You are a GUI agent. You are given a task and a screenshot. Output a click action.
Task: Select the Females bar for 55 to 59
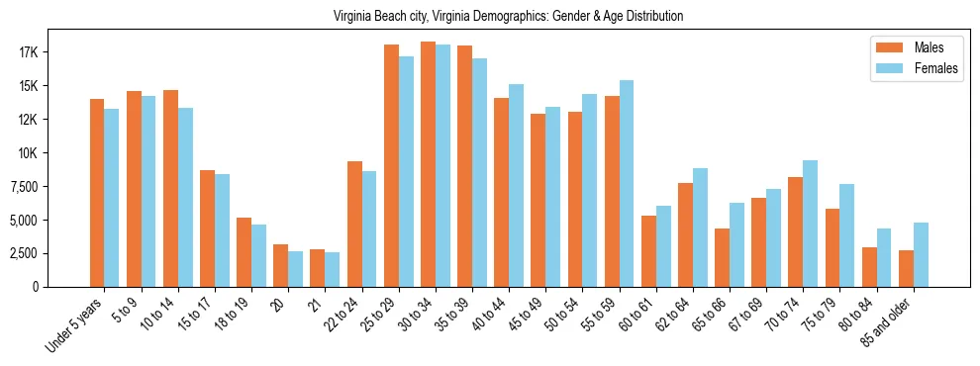[x=626, y=183]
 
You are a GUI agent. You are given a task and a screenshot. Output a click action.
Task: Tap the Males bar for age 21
[x=318, y=268]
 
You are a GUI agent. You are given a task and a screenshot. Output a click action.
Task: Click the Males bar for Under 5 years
[x=97, y=193]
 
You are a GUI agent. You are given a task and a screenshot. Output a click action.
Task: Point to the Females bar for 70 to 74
[x=810, y=224]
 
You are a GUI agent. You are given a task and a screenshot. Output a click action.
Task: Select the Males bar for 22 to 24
[x=354, y=224]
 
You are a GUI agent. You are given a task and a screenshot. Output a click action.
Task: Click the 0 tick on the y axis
[x=61, y=287]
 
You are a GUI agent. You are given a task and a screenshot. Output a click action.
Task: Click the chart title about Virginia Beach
[x=508, y=16]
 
